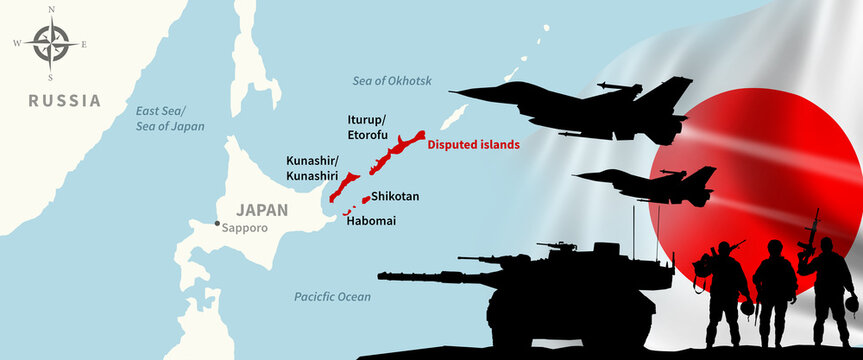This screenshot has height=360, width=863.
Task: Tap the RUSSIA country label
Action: (64, 101)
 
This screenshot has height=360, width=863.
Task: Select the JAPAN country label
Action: (261, 210)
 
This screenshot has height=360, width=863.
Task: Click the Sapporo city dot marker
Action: (216, 223)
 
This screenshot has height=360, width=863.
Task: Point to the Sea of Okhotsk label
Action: (391, 80)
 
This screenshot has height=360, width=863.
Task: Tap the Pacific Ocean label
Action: (332, 297)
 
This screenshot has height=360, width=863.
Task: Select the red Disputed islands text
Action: (473, 144)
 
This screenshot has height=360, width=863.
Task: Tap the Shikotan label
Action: (395, 196)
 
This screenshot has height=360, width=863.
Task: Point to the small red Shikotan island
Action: (365, 198)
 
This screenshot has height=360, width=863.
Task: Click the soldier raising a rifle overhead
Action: (827, 275)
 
